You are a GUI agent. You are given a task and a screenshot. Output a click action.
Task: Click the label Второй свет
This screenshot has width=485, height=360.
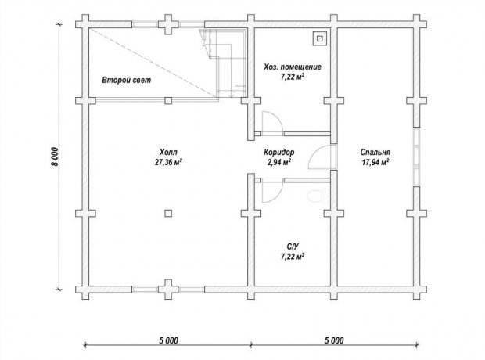coord(127,80)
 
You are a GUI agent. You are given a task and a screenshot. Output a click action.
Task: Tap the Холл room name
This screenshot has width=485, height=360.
coord(168,153)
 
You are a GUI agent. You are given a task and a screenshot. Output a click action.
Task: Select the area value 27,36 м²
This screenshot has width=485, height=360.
coord(168,162)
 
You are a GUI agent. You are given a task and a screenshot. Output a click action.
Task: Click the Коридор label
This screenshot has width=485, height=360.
coord(279,153)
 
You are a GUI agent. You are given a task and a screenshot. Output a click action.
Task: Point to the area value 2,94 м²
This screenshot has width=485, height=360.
coord(279,162)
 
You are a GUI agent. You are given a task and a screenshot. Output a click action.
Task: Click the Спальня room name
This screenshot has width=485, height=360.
coord(375,153)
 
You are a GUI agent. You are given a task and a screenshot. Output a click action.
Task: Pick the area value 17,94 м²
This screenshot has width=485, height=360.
coord(375,162)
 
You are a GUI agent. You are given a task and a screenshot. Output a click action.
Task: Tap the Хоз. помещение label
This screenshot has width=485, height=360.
coord(293,67)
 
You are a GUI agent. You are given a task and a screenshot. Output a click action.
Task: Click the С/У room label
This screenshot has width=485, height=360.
coord(293,247)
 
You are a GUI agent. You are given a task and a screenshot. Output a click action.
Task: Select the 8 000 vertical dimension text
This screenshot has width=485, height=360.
coord(55,157)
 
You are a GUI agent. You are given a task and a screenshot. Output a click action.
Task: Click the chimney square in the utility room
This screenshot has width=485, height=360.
coord(319,38)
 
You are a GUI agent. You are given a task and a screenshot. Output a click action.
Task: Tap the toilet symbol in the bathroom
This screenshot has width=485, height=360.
coord(319,196)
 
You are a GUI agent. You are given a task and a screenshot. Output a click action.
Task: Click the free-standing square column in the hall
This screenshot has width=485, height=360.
coord(168,214)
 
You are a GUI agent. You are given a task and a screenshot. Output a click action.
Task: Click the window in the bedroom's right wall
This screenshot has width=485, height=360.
coord(417,157)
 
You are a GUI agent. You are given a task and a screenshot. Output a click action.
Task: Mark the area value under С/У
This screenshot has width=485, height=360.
coord(293,257)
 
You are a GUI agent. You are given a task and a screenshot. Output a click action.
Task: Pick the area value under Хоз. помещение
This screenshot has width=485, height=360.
coord(293,77)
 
